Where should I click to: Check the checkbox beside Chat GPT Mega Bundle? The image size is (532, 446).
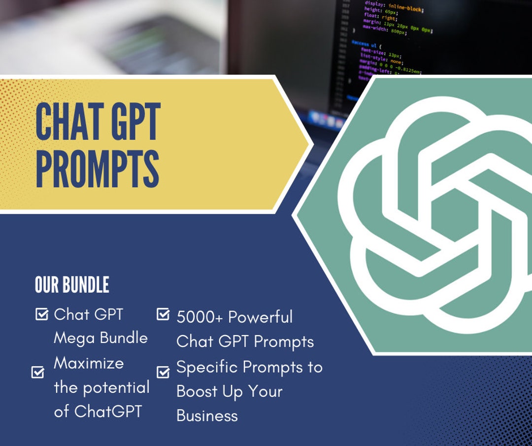(42, 314)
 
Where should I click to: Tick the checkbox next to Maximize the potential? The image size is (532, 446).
(38, 372)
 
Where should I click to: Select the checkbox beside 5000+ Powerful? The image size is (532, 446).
(163, 314)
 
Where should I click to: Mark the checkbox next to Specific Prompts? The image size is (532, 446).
(163, 372)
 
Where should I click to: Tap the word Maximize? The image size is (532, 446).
(89, 363)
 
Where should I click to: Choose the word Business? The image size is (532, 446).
(207, 415)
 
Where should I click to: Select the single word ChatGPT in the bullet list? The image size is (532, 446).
(108, 411)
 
